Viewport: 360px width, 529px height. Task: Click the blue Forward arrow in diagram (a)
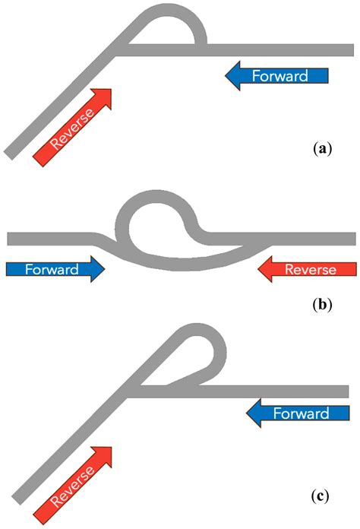[x=277, y=75]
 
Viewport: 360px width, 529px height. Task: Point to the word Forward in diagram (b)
[x=48, y=269]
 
